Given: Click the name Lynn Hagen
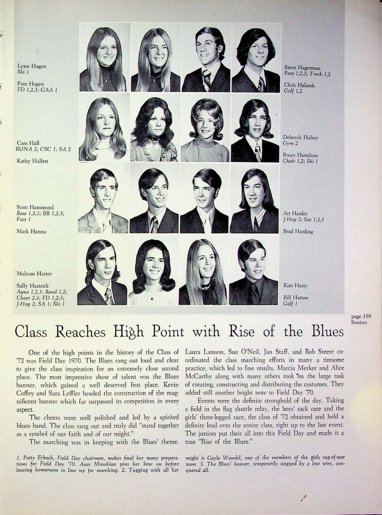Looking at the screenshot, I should tap(32, 66).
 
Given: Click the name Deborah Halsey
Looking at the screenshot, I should tap(300, 138).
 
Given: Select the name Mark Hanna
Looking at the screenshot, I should tap(31, 231).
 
